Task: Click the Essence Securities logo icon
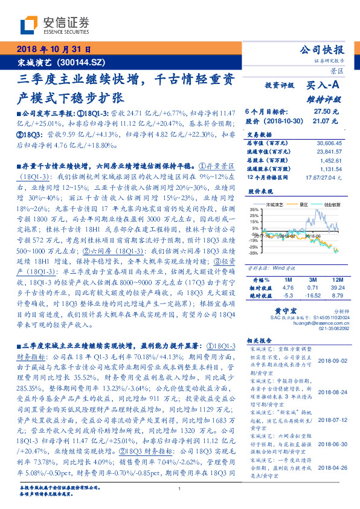(x=28, y=25)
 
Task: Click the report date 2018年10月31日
(x=54, y=49)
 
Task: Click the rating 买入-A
(x=323, y=86)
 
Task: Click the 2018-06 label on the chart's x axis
(x=312, y=237)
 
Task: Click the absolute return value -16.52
(x=312, y=296)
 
